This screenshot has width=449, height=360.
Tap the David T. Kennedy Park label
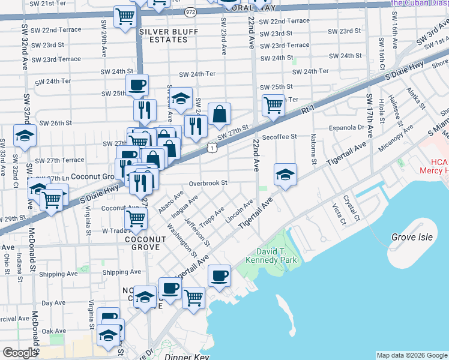click(x=268, y=256)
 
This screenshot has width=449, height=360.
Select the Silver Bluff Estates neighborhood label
click(x=163, y=35)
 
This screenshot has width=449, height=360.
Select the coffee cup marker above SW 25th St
click(x=137, y=85)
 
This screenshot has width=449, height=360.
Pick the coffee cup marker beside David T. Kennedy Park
click(x=219, y=275)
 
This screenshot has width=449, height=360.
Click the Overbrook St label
click(x=208, y=183)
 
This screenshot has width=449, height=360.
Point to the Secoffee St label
click(x=280, y=136)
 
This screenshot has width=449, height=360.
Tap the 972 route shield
click(x=190, y=11)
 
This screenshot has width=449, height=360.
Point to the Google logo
click(x=19, y=353)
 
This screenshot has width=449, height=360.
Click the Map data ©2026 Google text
click(x=411, y=355)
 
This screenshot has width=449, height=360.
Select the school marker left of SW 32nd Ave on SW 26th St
click(x=25, y=137)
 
